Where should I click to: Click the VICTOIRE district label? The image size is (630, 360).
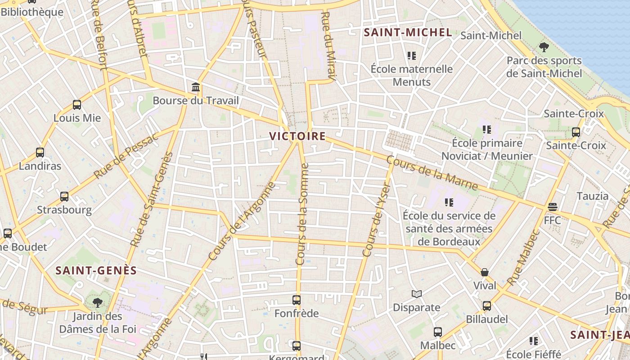pyautogui.click(x=297, y=136)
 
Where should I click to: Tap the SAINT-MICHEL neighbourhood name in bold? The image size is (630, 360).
pyautogui.click(x=408, y=32)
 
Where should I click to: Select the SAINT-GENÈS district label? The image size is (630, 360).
pyautogui.click(x=96, y=270)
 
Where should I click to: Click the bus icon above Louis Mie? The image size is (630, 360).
pyautogui.click(x=77, y=105)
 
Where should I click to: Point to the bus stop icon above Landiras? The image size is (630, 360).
pyautogui.click(x=40, y=153)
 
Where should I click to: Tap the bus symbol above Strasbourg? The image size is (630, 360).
pyautogui.click(x=64, y=197)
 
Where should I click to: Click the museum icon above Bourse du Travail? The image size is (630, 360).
pyautogui.click(x=196, y=87)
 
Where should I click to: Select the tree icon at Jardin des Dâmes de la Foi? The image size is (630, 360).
pyautogui.click(x=97, y=302)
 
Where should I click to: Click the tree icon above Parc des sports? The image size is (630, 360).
pyautogui.click(x=544, y=47)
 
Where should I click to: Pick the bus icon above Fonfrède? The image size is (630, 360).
pyautogui.click(x=297, y=300)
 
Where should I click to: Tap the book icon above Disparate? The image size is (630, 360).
pyautogui.click(x=417, y=294)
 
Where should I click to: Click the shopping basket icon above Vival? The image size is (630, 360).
pyautogui.click(x=485, y=272)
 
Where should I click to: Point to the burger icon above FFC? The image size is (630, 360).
pyautogui.click(x=553, y=207)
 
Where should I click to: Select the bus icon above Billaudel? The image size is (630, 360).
pyautogui.click(x=487, y=306)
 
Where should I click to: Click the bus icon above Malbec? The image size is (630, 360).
pyautogui.click(x=438, y=332)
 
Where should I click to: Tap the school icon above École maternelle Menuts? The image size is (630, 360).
pyautogui.click(x=411, y=56)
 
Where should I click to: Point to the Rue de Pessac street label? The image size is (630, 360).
pyautogui.click(x=126, y=156)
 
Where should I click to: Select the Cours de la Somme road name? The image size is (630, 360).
pyautogui.click(x=302, y=214)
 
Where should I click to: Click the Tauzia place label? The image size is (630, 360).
pyautogui.click(x=592, y=196)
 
